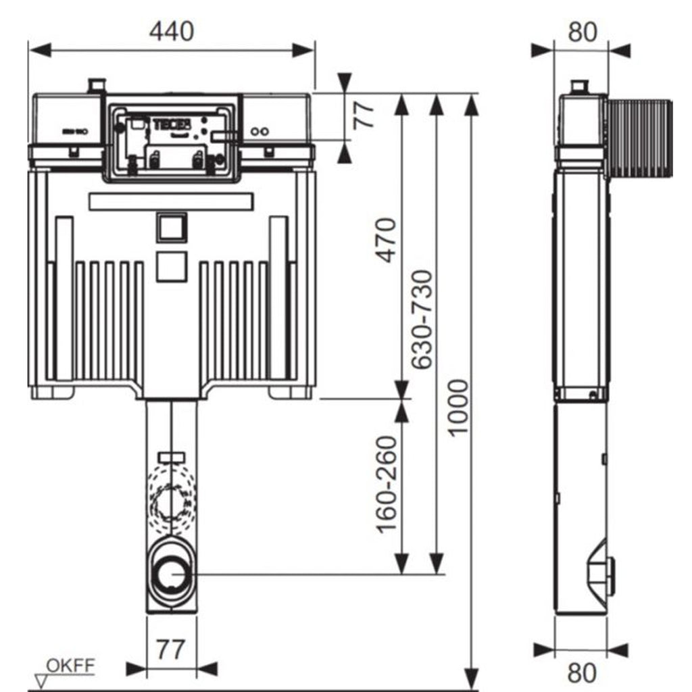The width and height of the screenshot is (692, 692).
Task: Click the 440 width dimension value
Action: point(172,31)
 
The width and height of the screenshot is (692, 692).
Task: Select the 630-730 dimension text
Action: point(422,319)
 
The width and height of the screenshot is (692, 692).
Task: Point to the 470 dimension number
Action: point(386,241)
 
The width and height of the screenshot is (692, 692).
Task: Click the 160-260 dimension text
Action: point(386,485)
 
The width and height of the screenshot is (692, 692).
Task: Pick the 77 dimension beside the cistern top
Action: point(366,116)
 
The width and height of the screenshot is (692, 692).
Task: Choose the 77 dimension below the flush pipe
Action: point(171,650)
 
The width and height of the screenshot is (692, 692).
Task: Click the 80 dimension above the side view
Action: point(582,31)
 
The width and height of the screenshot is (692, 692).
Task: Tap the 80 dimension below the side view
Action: point(582,673)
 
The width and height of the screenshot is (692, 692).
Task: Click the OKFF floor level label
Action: point(70,666)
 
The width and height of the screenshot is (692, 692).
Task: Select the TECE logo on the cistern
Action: point(173,124)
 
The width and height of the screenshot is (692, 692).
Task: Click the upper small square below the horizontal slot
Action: point(171,228)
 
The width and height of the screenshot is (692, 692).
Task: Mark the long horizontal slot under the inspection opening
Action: point(171,201)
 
